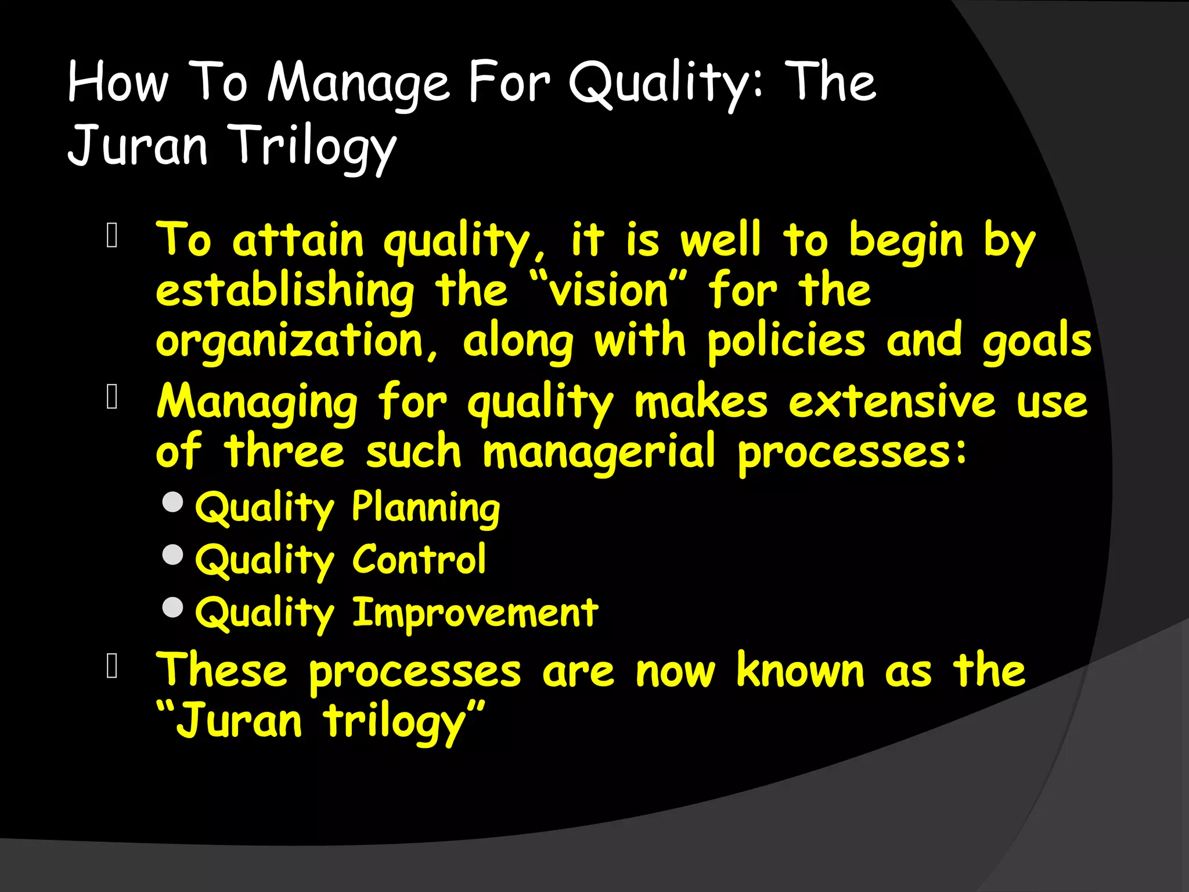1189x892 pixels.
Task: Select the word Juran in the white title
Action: point(138,145)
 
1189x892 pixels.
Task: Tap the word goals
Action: point(1037,341)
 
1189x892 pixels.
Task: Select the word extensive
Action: point(892,402)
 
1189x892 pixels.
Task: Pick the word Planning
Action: point(426,508)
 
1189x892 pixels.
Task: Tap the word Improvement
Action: point(475,612)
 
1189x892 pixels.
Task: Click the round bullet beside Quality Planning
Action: point(173,502)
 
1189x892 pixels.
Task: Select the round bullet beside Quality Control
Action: point(173,555)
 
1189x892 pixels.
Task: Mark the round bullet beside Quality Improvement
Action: point(173,607)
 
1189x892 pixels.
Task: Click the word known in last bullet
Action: point(801,671)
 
